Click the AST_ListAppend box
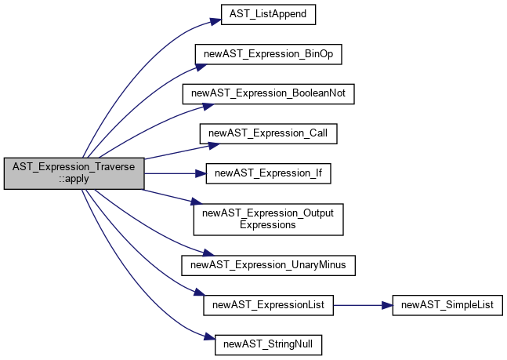click(268, 15)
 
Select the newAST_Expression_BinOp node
click(268, 54)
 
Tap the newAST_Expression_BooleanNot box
click(268, 94)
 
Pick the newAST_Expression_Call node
click(268, 133)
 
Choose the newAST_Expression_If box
click(268, 173)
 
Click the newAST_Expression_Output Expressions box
click(268, 220)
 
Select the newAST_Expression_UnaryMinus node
click(268, 265)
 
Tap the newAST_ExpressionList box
click(268, 305)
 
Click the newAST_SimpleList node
click(447, 305)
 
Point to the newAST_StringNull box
click(268, 345)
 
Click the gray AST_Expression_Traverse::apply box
click(74, 173)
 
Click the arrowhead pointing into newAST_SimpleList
click(387, 305)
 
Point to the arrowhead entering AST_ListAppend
click(216, 21)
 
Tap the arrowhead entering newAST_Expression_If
click(201, 174)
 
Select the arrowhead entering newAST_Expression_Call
click(214, 146)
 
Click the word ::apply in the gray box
click(74, 179)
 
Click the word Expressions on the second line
click(268, 225)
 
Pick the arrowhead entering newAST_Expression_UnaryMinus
click(208, 253)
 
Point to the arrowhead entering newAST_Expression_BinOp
click(201, 67)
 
